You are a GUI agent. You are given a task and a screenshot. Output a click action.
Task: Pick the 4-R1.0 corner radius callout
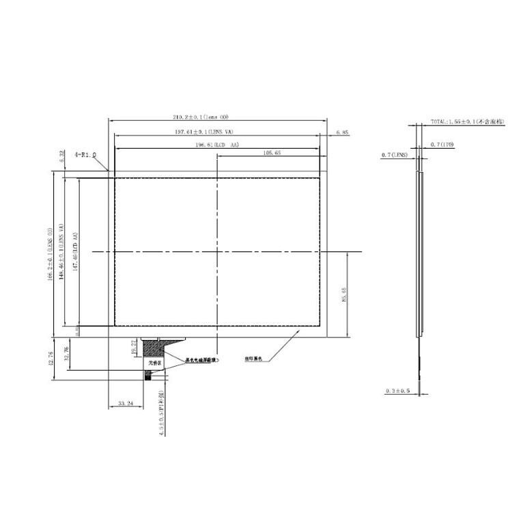86,155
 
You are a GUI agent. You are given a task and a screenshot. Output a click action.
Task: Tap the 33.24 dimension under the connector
126,404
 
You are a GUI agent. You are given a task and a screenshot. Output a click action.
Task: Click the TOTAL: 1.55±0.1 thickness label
467,122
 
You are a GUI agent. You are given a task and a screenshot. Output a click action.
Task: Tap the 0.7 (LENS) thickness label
394,156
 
